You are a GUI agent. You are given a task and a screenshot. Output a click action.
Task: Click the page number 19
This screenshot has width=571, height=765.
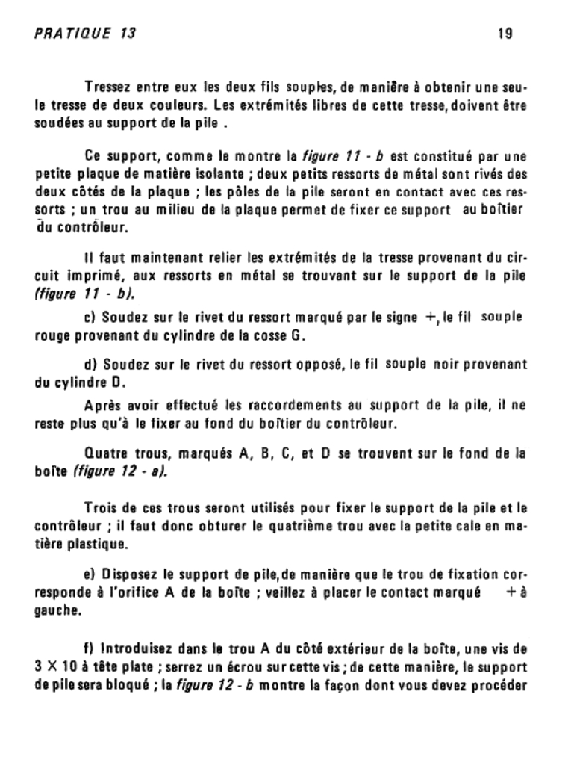tap(504, 34)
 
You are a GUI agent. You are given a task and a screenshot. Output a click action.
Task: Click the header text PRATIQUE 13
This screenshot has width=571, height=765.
tap(85, 34)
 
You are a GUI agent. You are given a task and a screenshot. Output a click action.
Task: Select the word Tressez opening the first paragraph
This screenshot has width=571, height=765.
tap(110, 87)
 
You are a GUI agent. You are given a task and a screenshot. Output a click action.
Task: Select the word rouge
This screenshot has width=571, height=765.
tap(52, 335)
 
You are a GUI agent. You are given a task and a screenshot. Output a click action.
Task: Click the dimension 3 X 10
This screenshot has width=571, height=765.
tap(57, 665)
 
